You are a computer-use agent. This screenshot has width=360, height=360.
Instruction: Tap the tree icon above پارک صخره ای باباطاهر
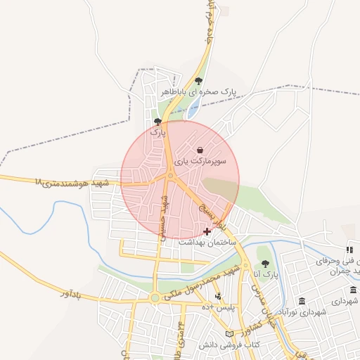[x=200, y=80]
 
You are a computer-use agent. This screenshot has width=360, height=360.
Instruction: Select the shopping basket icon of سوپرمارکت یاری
[x=201, y=150]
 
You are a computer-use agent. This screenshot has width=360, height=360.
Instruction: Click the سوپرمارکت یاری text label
[x=202, y=161]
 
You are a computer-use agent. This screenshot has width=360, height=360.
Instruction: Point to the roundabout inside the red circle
[x=170, y=176]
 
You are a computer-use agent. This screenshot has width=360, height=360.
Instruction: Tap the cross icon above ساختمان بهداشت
[x=207, y=231]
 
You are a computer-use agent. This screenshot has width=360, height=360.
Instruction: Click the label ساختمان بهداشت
[x=206, y=241]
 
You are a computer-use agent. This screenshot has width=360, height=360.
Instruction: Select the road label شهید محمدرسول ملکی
[x=205, y=285]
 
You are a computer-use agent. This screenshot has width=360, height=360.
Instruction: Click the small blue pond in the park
[x=192, y=109]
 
